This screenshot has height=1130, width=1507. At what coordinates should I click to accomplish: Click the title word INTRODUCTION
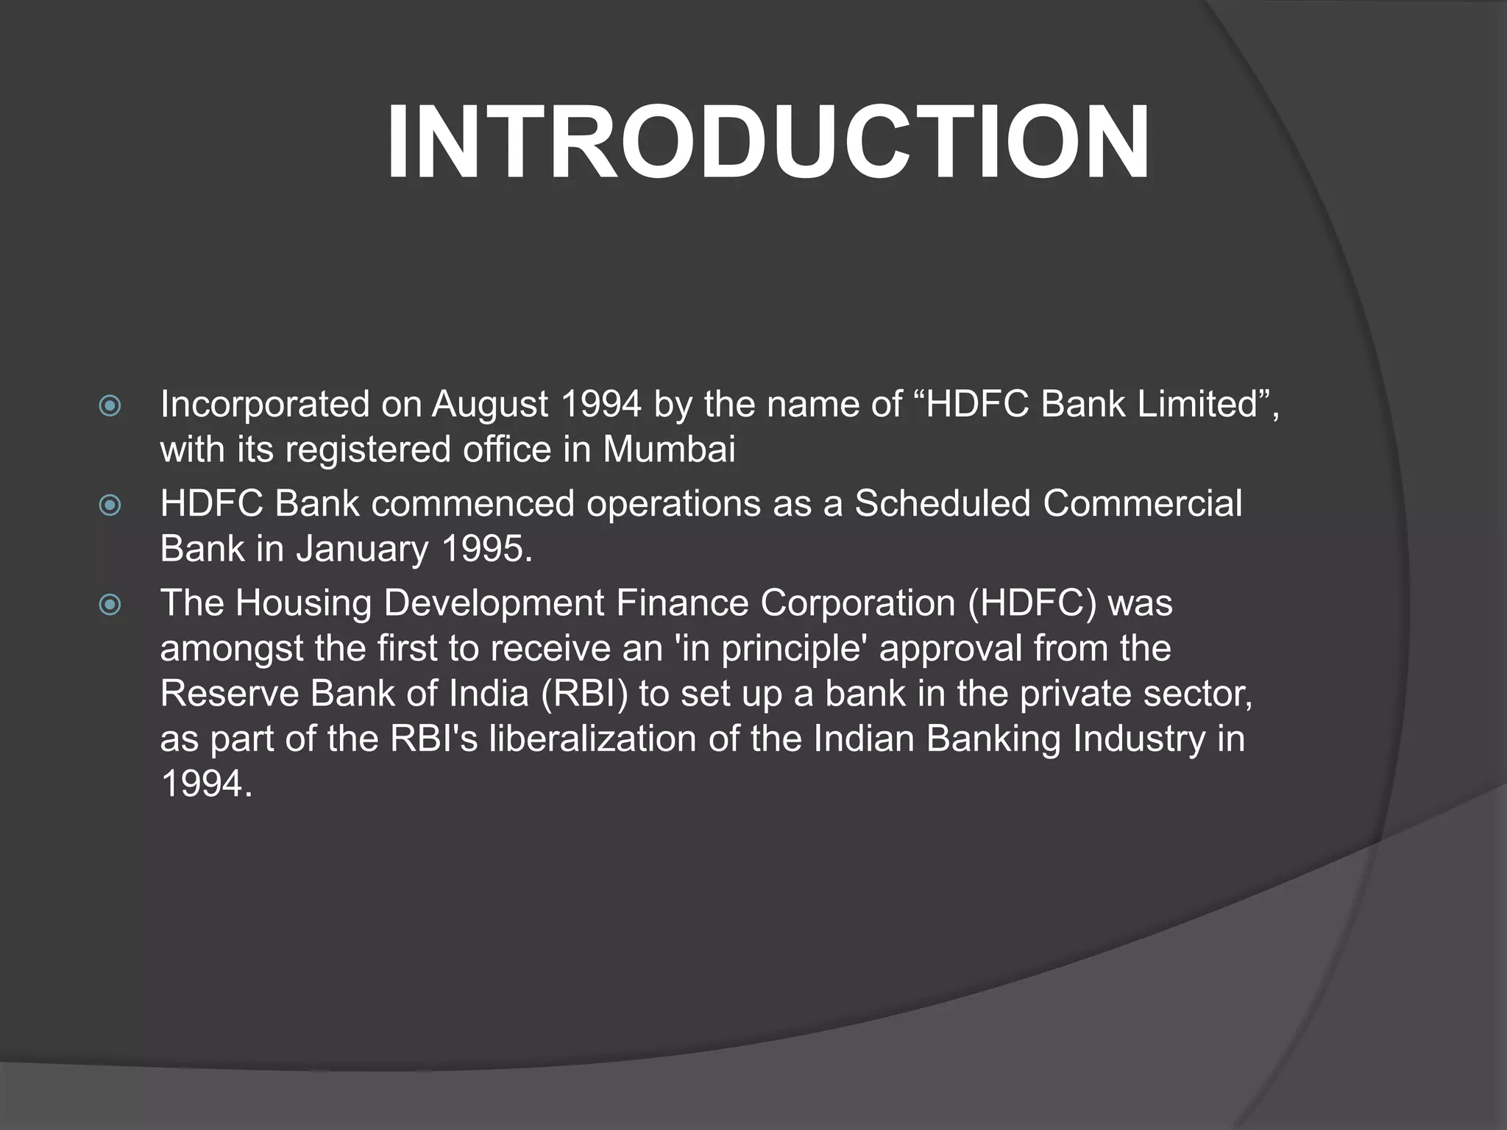coord(767,142)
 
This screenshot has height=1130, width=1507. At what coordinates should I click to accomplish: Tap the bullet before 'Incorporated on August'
coord(110,406)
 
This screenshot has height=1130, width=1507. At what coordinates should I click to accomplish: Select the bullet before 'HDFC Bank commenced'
coord(110,505)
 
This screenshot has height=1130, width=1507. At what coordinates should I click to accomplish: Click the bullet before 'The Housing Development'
coord(110,605)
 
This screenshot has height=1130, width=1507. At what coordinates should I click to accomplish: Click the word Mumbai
coord(669,449)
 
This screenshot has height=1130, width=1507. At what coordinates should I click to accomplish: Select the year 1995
coord(486,549)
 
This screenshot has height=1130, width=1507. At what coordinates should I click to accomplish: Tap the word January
coord(362,549)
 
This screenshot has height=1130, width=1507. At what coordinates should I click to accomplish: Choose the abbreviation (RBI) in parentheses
coord(585,694)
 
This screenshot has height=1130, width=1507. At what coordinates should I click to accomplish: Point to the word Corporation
coord(857,603)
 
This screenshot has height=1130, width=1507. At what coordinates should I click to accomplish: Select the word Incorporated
coord(264,405)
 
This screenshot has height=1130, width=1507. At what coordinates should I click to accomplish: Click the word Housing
coord(303,603)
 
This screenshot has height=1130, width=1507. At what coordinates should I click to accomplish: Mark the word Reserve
coord(229,694)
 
